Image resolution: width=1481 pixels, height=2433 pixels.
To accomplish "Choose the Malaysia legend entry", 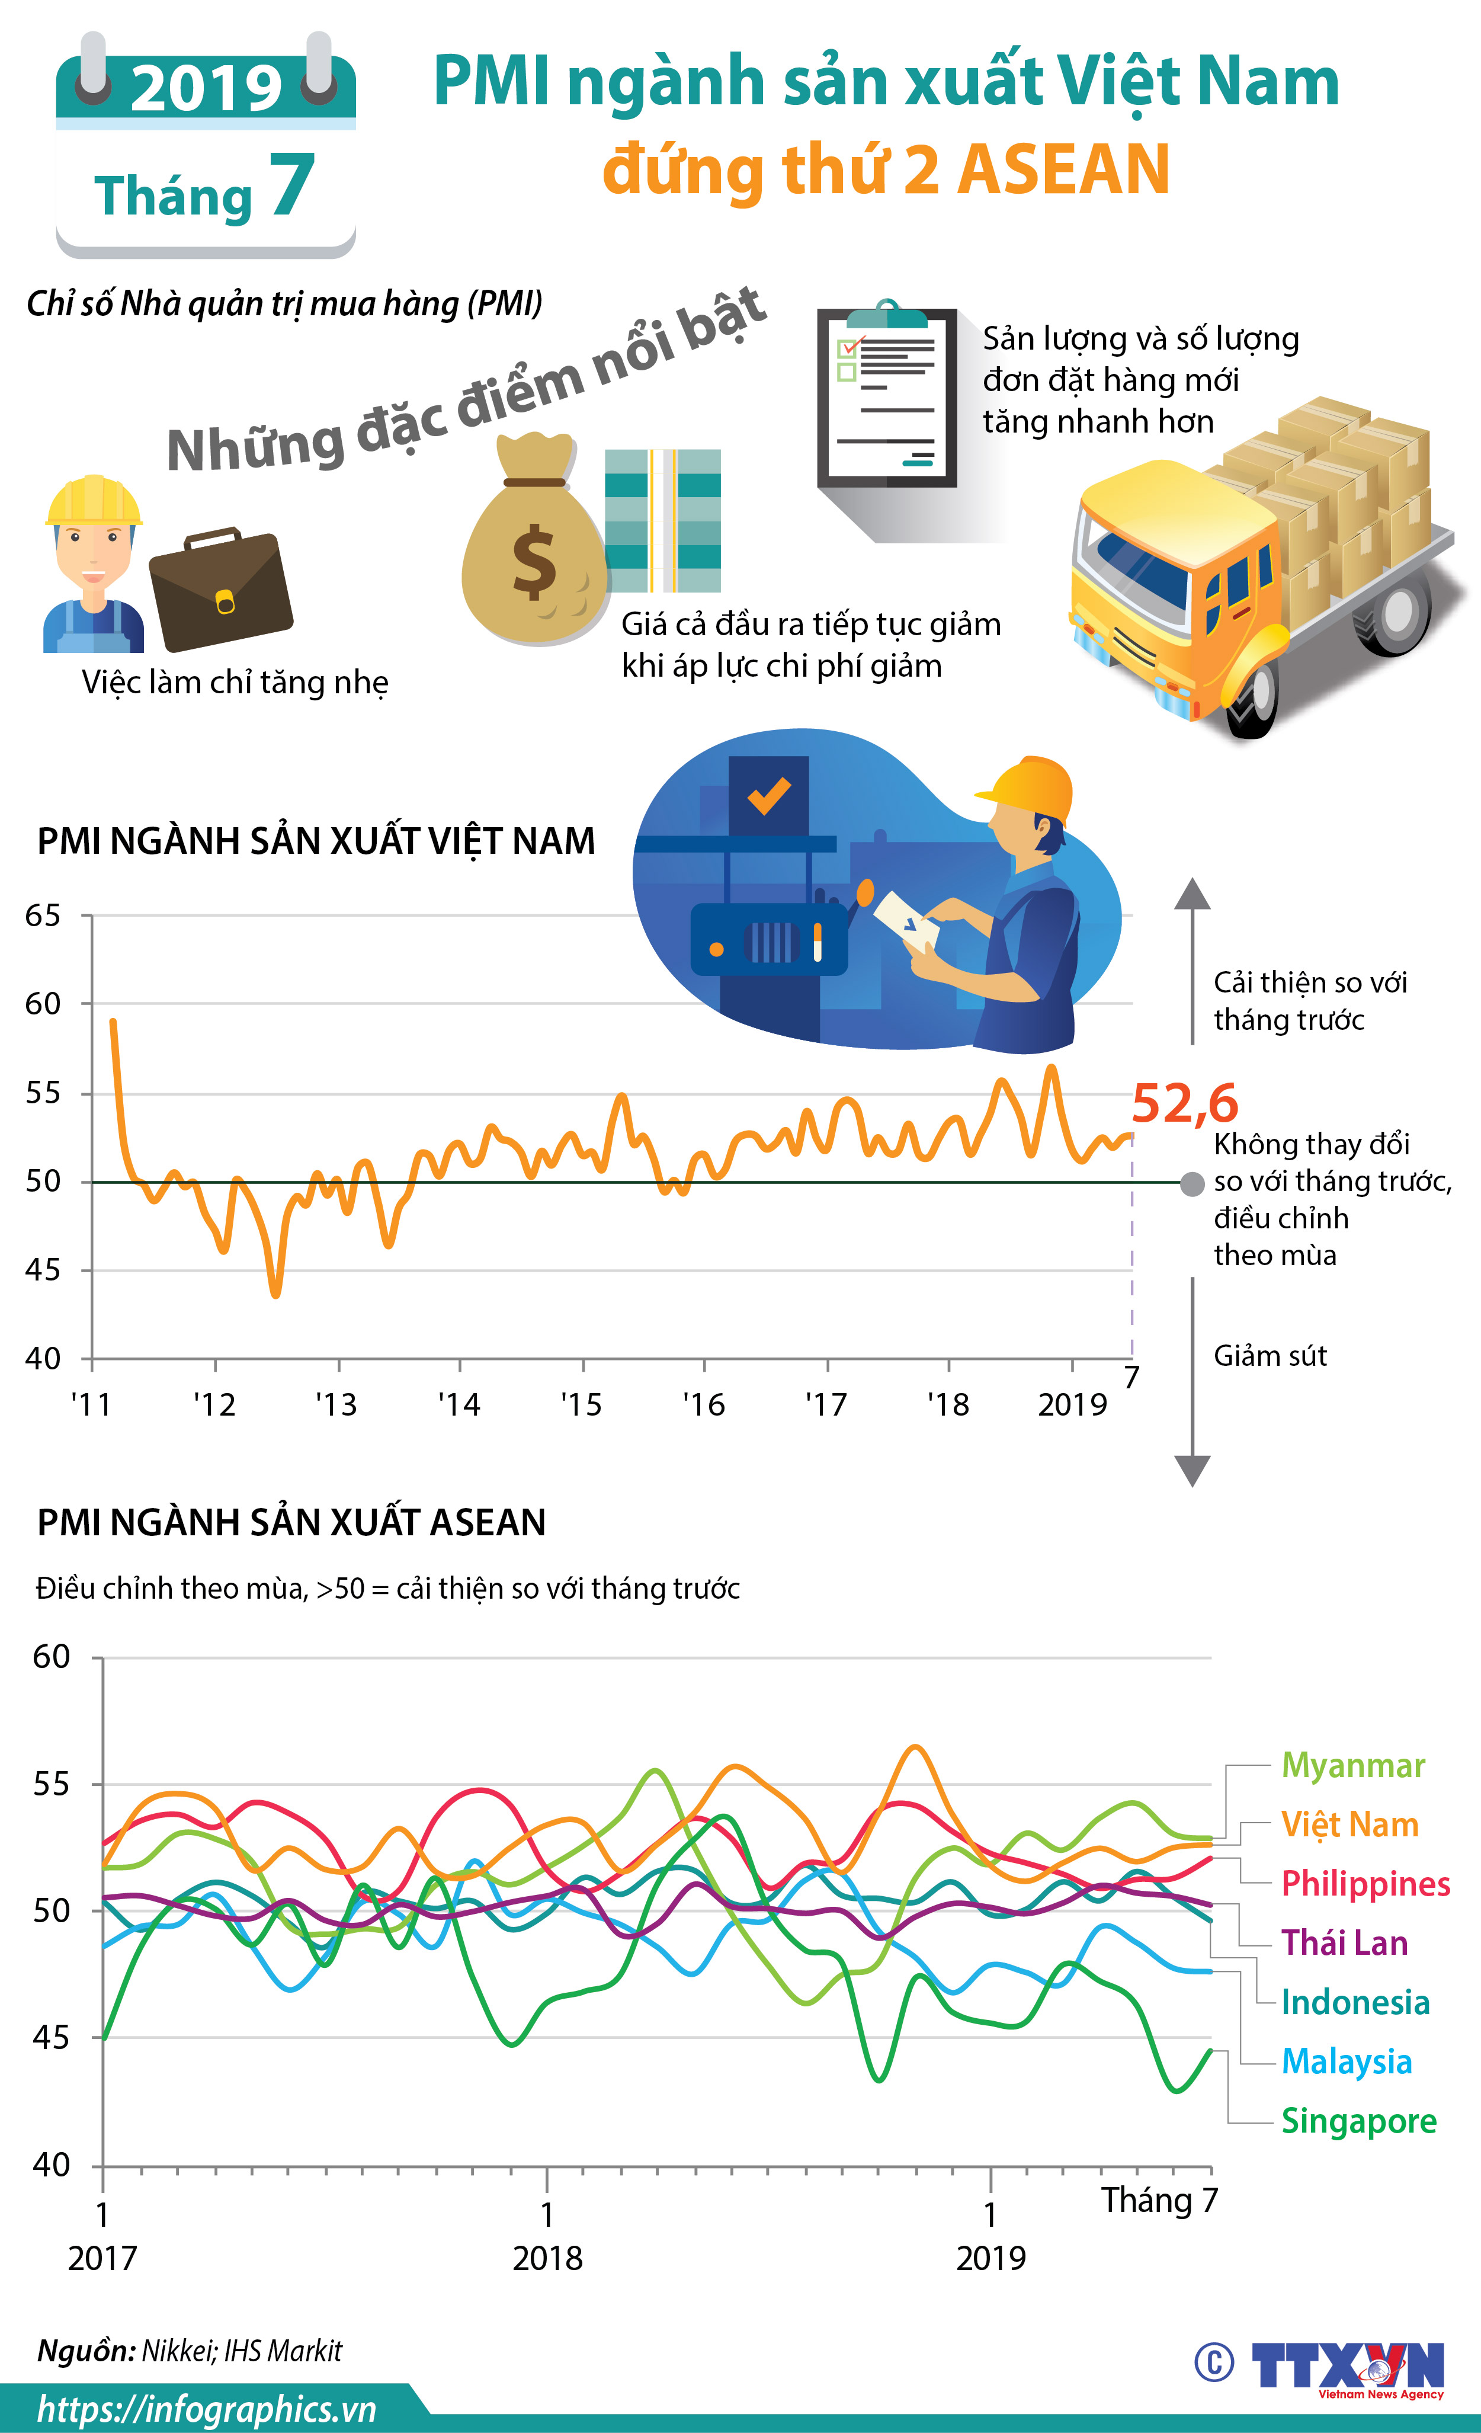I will pos(1347,2061).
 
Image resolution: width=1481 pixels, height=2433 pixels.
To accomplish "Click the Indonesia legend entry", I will pos(1355,2002).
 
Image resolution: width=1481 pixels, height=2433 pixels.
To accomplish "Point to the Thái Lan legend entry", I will pos(1344,1942).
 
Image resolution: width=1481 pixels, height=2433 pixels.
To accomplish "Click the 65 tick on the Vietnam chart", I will pos(43,915).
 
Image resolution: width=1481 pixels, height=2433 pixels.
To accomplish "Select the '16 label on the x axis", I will pos(704,1404).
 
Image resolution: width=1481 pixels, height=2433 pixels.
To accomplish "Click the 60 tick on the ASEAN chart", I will pos(52,1656).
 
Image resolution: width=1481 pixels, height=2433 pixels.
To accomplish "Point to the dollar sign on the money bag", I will pos(534,561).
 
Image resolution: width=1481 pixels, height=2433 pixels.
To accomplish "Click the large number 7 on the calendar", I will pos(291,185).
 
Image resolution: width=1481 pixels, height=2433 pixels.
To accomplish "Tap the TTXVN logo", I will pos(1348,2366).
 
